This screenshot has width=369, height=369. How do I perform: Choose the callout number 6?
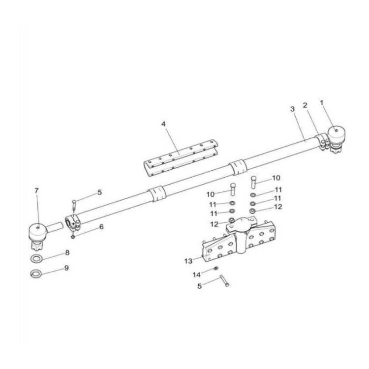101,227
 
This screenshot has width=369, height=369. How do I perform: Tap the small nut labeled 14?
216,268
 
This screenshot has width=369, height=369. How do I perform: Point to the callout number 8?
66,253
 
